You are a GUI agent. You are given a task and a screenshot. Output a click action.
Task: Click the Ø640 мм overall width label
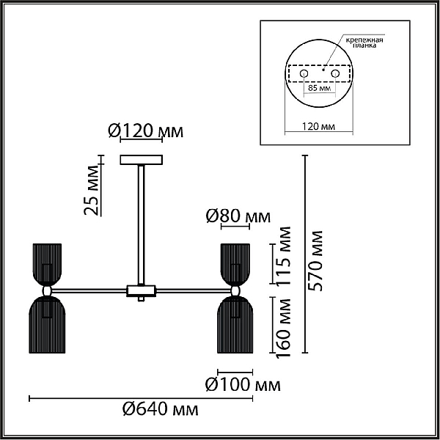[160, 409]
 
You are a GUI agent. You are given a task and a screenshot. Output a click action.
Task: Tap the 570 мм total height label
[315, 260]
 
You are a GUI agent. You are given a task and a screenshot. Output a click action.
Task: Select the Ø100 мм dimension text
[243, 384]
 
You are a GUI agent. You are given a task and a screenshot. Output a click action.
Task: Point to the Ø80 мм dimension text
[238, 216]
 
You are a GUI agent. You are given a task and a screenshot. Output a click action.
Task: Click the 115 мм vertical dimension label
[283, 256]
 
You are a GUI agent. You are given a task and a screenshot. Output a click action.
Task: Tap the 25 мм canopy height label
[92, 190]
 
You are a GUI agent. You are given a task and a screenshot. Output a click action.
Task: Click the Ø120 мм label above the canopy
[146, 131]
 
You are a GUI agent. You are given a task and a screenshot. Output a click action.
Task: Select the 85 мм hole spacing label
[320, 88]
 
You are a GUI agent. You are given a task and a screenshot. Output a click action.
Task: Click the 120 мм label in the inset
[318, 127]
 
